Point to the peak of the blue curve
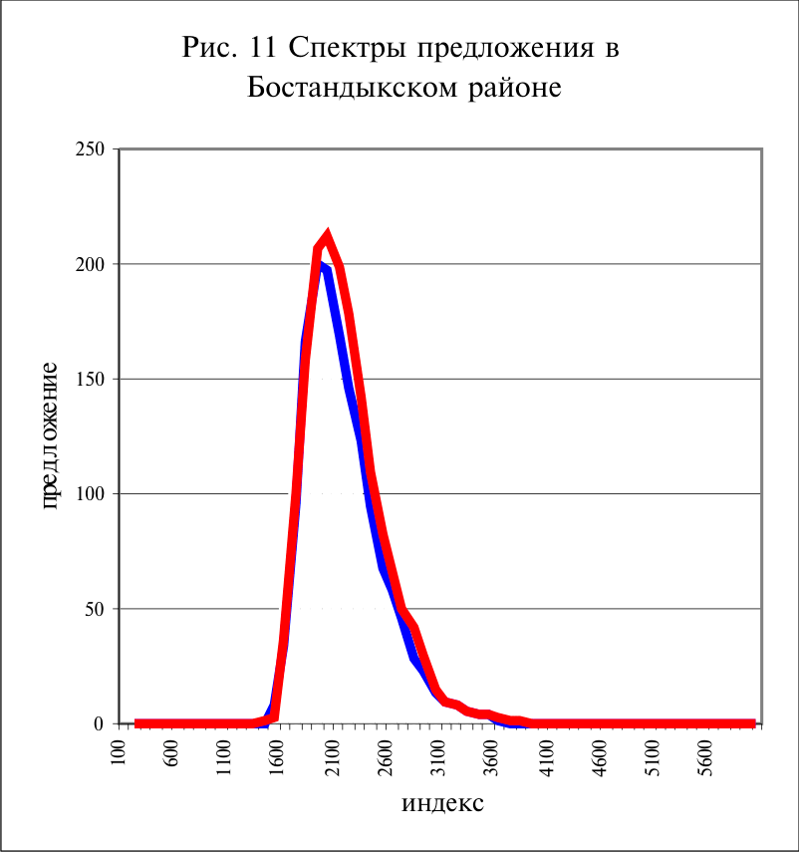click(x=322, y=265)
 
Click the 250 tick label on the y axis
click(x=90, y=148)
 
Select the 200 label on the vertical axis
click(x=90, y=264)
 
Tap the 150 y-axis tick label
click(x=90, y=380)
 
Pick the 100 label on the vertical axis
click(x=90, y=494)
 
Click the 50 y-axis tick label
click(x=95, y=609)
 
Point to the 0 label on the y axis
click(x=99, y=723)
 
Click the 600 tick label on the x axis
click(x=171, y=753)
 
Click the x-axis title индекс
click(x=442, y=803)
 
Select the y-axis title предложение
click(x=49, y=435)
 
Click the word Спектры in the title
click(x=348, y=49)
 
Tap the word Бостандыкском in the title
click(x=353, y=87)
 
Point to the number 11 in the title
click(x=263, y=47)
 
